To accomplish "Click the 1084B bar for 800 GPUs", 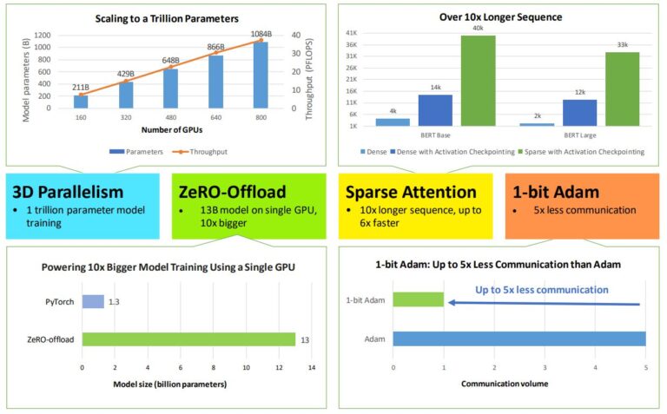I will point(260,75).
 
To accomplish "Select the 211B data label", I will point(80,87).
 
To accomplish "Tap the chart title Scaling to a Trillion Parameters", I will point(168,18).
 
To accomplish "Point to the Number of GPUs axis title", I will point(170,130).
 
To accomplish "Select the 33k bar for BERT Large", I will point(622,89).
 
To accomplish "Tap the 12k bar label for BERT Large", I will point(580,92).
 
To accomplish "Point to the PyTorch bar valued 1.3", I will point(93,301).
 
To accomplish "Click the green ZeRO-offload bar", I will point(188,338).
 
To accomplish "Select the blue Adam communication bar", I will point(519,338).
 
